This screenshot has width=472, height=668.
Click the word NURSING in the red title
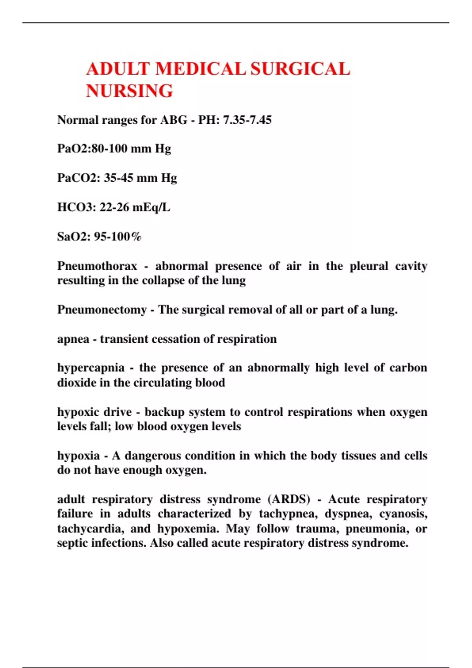point(129,91)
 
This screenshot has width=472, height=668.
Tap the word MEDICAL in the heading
point(201,69)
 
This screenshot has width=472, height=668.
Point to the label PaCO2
point(79,178)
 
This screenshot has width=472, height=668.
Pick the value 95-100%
point(118,237)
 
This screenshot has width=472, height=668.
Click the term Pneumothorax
point(97,266)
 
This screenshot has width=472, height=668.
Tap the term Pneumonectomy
point(102,310)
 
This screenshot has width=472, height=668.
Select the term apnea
point(73,339)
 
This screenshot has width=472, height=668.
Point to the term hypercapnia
point(91,368)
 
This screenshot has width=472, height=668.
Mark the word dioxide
point(77,382)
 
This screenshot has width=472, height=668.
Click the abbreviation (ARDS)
point(289,499)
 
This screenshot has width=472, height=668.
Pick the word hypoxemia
point(188,529)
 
